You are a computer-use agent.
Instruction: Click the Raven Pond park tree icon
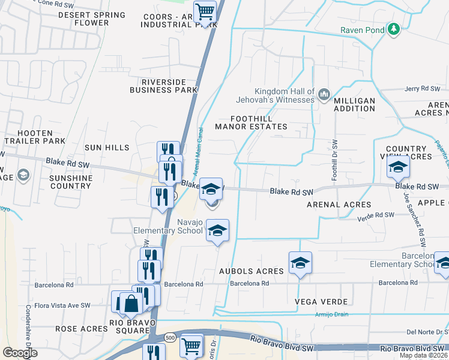coord(394,29)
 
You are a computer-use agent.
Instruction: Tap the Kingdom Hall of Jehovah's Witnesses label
coord(284,95)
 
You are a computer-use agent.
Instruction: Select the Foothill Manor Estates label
coord(252,122)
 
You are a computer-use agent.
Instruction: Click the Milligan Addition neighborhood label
coord(354,104)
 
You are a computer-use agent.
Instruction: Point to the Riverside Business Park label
coord(164,86)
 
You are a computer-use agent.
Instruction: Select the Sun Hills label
coord(106,148)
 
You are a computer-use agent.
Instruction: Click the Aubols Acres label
coord(251,271)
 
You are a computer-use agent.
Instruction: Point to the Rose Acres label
coord(81,329)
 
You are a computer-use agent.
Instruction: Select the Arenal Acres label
coord(339,205)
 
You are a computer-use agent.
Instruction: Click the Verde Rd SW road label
coord(376,215)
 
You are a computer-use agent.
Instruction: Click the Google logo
coord(20,353)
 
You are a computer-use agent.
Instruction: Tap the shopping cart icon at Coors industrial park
coord(205,11)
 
